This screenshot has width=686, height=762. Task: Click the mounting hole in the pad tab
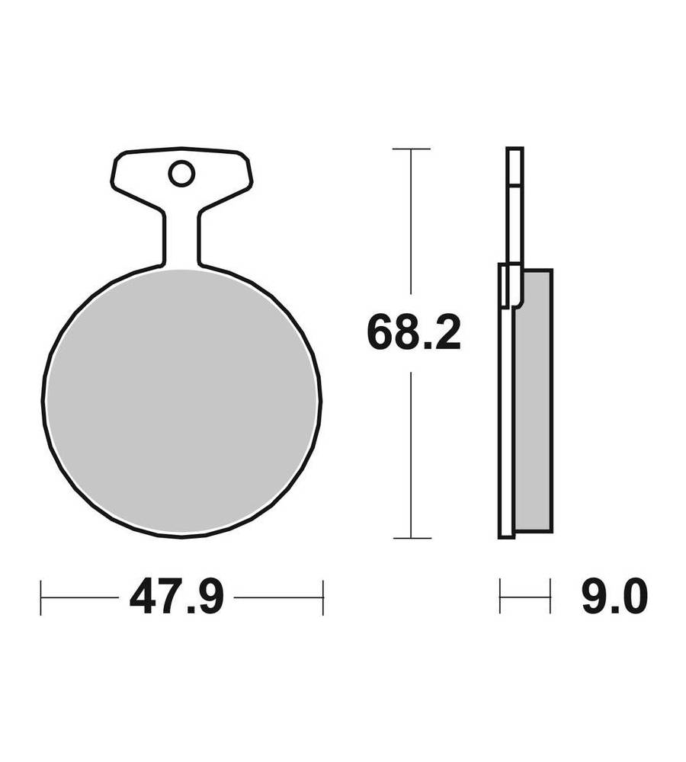pos(182,174)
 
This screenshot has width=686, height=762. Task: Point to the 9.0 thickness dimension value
pos(614,597)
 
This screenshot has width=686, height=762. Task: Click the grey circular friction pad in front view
pos(182,402)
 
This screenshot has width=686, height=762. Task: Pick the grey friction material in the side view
pos(534,399)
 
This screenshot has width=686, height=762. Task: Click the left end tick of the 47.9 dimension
pos(41,597)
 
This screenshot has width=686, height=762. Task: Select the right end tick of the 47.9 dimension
pos(323,597)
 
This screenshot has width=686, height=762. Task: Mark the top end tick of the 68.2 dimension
pos(412,149)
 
